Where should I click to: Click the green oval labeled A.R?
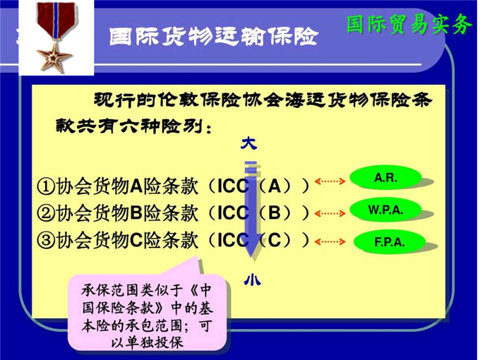pos(385,177)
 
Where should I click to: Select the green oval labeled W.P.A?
pos(385,210)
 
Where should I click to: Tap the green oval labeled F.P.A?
pos(390,242)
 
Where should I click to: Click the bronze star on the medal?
pos(54,57)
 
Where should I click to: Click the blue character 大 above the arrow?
pos(248,143)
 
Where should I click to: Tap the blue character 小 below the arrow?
pos(252,280)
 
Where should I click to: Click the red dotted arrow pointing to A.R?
pos(330,181)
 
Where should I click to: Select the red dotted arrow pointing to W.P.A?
pos(330,213)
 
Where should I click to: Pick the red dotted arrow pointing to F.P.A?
pos(330,242)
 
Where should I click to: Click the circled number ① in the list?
pos(46,186)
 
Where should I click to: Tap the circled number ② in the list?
pos(46,213)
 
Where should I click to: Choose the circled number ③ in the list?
pos(46,240)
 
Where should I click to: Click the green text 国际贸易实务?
pos(409,24)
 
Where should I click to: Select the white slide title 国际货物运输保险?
pos(214,37)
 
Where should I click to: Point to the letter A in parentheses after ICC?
pos(275,186)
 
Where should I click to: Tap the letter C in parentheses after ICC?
pos(275,240)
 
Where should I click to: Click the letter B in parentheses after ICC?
pos(275,212)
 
